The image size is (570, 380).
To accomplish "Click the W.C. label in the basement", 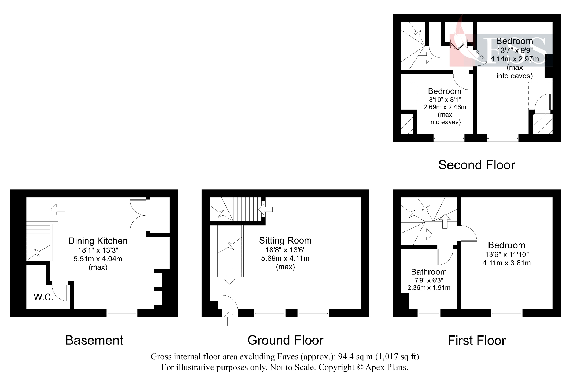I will pyautogui.click(x=43, y=297).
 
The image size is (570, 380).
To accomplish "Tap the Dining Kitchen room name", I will pyautogui.click(x=98, y=241).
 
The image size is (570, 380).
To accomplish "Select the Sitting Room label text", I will pyautogui.click(x=285, y=240).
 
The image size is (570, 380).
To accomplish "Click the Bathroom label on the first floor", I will pyautogui.click(x=429, y=272).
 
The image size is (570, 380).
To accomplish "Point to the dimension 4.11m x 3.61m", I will pyautogui.click(x=506, y=263).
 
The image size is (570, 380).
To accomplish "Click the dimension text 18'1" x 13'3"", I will pyautogui.click(x=98, y=250).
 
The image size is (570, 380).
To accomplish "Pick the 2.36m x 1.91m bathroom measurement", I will pyautogui.click(x=429, y=288).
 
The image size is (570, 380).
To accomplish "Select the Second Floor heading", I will pyautogui.click(x=476, y=165).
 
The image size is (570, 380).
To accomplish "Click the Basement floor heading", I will pyautogui.click(x=94, y=340).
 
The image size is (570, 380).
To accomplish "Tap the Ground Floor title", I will pyautogui.click(x=285, y=340).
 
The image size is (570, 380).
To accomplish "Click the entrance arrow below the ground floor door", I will pyautogui.click(x=230, y=319).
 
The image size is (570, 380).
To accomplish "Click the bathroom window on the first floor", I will pyautogui.click(x=429, y=313).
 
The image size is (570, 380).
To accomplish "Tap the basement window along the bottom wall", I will pyautogui.click(x=122, y=313).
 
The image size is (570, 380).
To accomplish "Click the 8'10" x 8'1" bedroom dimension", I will pyautogui.click(x=445, y=100).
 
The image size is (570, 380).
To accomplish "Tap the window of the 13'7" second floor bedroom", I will pyautogui.click(x=502, y=138).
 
